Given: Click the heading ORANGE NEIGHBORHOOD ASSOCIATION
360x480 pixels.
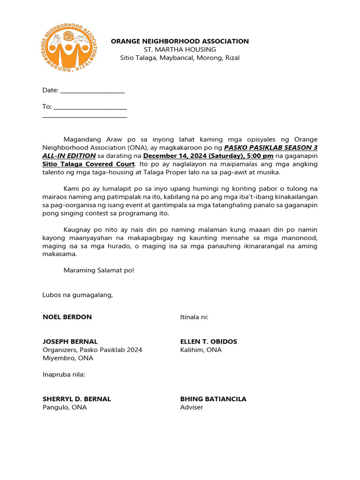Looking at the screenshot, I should pyautogui.click(x=180, y=41).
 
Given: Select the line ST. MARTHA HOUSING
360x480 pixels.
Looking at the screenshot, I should pyautogui.click(x=180, y=50).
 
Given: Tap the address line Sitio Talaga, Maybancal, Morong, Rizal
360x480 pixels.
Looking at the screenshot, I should pyautogui.click(x=180, y=58).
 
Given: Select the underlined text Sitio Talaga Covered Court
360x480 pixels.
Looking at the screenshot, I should pyautogui.click(x=89, y=164).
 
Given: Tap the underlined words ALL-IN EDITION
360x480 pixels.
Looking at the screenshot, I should pyautogui.click(x=69, y=156).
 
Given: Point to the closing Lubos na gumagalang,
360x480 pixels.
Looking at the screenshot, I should pyautogui.click(x=78, y=295).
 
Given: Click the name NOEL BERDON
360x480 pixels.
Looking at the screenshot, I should pyautogui.click(x=67, y=317).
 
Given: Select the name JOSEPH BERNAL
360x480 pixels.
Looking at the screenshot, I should pyautogui.click(x=70, y=342).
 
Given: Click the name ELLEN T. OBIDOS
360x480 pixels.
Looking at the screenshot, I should pyautogui.click(x=209, y=342).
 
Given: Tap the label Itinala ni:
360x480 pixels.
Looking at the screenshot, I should pyautogui.click(x=194, y=317).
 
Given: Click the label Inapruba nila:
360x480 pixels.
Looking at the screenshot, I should pyautogui.click(x=64, y=375).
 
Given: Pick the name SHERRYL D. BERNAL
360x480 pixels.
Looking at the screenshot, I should pyautogui.click(x=77, y=399).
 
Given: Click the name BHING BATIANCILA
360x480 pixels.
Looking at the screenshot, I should pyautogui.click(x=213, y=399).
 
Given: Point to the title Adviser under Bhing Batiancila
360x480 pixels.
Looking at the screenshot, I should pyautogui.click(x=192, y=408).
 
